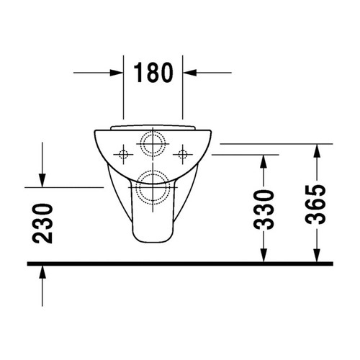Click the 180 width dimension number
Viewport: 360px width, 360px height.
[x=153, y=72]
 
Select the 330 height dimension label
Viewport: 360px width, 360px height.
[x=266, y=209]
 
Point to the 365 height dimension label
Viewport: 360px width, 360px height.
[x=319, y=204]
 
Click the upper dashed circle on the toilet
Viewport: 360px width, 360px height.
[x=153, y=144]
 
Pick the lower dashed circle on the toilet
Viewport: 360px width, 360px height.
[x=153, y=183]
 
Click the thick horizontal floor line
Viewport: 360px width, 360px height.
[x=180, y=264]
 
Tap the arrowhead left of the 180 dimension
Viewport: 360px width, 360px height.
[x=117, y=72]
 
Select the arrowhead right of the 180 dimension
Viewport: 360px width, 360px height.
[x=190, y=72]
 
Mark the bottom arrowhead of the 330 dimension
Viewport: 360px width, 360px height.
[x=264, y=256]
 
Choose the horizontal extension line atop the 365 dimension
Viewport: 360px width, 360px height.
[x=274, y=143]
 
